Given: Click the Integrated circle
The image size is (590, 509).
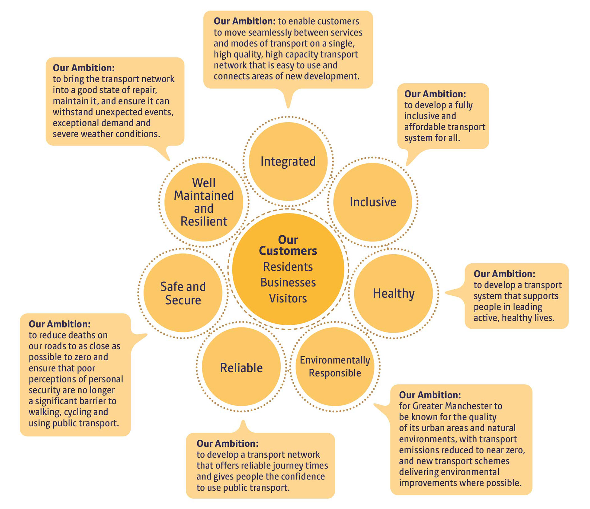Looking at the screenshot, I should (x=288, y=162).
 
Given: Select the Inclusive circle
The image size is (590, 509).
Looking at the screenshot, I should (x=372, y=202).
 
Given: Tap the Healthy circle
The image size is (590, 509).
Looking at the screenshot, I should (x=393, y=293).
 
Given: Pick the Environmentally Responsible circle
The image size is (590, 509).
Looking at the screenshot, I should (x=335, y=366).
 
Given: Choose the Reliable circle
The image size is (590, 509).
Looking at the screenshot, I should (x=241, y=368).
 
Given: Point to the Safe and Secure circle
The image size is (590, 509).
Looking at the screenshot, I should (x=183, y=293).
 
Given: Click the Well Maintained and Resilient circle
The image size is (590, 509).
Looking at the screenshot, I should (x=204, y=202).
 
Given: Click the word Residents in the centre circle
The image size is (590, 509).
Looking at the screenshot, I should (x=288, y=267).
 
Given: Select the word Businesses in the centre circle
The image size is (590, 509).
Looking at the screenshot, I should (x=288, y=283).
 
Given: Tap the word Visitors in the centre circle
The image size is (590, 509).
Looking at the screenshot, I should (x=288, y=299).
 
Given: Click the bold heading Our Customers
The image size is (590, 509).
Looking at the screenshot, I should (x=288, y=245).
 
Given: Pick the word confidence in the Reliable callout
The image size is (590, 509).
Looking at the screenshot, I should (x=303, y=476).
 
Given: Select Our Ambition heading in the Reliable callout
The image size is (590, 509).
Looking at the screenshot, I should (x=227, y=443).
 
